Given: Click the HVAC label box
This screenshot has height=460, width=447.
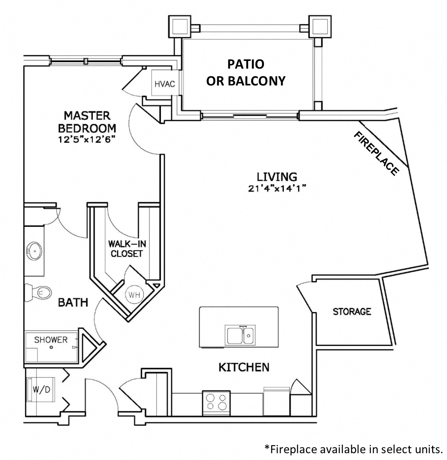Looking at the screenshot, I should (165, 83).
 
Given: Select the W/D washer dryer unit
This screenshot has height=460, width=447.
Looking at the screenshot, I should (41, 390).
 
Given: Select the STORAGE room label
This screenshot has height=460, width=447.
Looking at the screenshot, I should (352, 311).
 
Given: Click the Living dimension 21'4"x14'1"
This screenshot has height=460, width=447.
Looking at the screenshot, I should (277, 188).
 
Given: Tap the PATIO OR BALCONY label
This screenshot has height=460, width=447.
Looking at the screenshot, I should (246, 72).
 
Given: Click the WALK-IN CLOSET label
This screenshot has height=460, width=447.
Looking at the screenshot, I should (127, 249).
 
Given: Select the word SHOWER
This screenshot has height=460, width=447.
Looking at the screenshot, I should (51, 339).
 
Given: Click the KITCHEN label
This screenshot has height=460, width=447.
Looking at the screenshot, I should (244, 367).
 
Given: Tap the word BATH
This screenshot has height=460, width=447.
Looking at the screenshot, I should (73, 303).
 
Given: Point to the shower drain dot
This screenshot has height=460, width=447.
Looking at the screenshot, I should (51, 348).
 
